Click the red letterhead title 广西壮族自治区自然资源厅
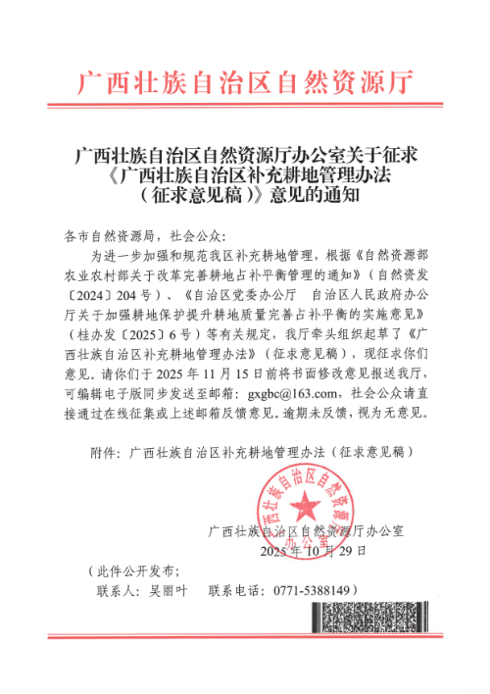coord(245,82)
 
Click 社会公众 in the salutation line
coord(197,243)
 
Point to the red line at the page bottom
coord(245,634)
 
